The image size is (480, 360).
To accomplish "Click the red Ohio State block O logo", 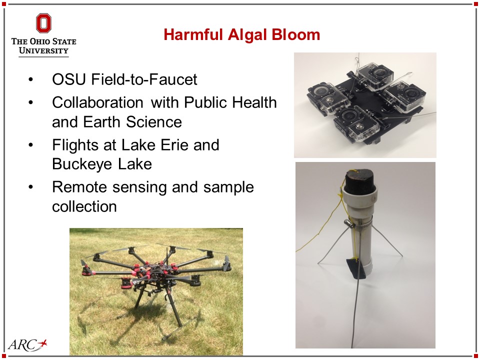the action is click(43, 23).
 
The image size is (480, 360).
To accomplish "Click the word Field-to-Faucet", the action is click(144, 79).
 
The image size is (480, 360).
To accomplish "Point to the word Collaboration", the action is click(97, 102).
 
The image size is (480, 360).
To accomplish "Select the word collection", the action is click(84, 206).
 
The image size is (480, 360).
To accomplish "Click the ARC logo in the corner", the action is click(27, 344).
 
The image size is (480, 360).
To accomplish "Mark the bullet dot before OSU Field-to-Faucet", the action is click(30, 80).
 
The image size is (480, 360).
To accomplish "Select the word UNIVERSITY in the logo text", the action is click(43, 50).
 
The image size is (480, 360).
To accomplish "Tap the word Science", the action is click(153, 122).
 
